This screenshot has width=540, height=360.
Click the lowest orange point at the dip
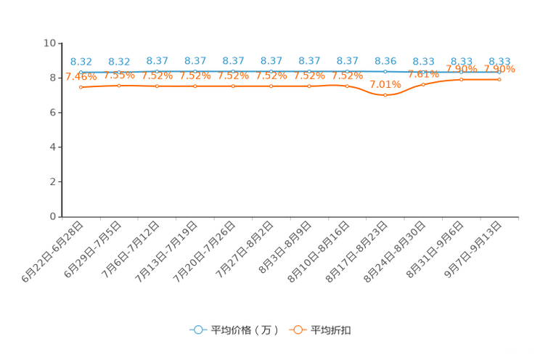[x=385, y=96]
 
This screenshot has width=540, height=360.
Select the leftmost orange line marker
[x=81, y=86]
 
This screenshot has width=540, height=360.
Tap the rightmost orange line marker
[x=499, y=78]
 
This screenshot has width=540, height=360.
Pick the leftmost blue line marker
[x=81, y=70]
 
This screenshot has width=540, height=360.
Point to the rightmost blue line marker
[x=499, y=72]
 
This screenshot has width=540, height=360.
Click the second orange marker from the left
[x=119, y=85]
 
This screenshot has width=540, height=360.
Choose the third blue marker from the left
[x=157, y=70]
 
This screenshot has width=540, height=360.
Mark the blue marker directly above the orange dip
[x=385, y=72]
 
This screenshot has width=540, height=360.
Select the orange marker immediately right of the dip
[x=423, y=84]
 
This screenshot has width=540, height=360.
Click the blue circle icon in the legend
[x=197, y=330]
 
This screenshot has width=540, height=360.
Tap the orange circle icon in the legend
[x=297, y=330]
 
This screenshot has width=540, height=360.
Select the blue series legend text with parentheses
[x=245, y=330]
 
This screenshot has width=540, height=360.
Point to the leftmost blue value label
[x=81, y=62]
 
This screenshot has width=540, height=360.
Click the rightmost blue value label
[x=499, y=61]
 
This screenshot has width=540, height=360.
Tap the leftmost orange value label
[x=81, y=76]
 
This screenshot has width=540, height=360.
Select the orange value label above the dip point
[x=385, y=84]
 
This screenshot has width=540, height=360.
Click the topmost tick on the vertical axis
[x=60, y=43]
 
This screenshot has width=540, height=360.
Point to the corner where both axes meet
[x=63, y=216]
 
